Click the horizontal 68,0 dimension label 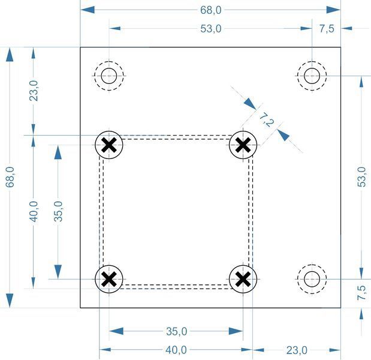coord(211,10)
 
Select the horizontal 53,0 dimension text coord(211,29)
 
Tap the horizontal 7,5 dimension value coord(327,29)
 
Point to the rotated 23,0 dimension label coord(34,91)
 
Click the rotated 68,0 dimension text coord(10,177)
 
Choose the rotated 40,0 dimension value coord(34,211)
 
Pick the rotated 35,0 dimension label coord(58,211)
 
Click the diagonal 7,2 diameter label coord(267,120)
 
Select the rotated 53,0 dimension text coord(361,177)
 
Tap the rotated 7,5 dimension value coord(361,293)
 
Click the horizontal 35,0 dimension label coord(176,331)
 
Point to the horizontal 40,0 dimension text coord(176,350)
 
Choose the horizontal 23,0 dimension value coord(297,350)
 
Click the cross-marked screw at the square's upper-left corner coord(109,145)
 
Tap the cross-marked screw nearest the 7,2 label coord(243,145)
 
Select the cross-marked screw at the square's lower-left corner coord(109,279)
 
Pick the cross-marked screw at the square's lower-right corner coord(243,279)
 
